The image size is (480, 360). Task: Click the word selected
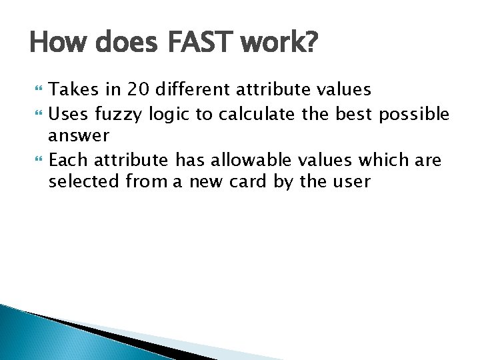click(85, 181)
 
